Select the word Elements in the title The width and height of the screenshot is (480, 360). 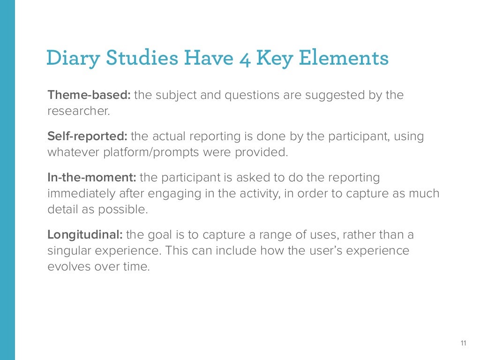tap(344, 59)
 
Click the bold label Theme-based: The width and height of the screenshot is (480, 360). tap(89, 95)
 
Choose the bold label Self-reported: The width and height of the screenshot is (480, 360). tap(88, 136)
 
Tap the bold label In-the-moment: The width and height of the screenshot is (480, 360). tap(92, 178)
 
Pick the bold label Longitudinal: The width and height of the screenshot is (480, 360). tap(85, 234)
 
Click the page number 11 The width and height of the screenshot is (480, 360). tap(464, 344)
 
